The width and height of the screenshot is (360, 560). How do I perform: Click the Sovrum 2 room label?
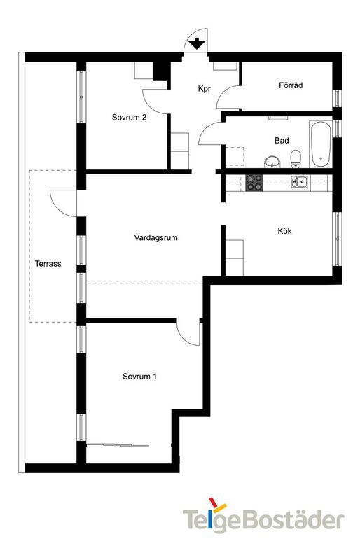(129, 118)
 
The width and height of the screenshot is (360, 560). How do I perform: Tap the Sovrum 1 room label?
(139, 377)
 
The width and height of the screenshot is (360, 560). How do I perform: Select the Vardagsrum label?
(155, 238)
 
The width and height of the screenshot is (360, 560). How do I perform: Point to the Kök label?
(284, 231)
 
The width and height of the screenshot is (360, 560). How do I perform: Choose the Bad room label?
(282, 141)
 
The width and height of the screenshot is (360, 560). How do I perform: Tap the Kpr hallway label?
(204, 90)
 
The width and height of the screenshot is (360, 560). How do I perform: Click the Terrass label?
(48, 264)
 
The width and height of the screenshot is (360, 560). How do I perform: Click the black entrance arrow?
(198, 43)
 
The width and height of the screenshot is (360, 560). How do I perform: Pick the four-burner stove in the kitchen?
(254, 183)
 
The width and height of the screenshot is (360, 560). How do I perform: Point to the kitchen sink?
(300, 183)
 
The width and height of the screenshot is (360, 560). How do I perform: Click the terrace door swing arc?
(61, 202)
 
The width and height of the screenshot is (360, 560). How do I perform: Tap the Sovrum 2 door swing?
(155, 101)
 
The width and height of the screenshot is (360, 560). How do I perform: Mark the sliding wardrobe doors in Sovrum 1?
(119, 444)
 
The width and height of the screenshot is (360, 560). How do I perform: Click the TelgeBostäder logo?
(263, 519)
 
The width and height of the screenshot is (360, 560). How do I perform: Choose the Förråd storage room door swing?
(229, 98)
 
